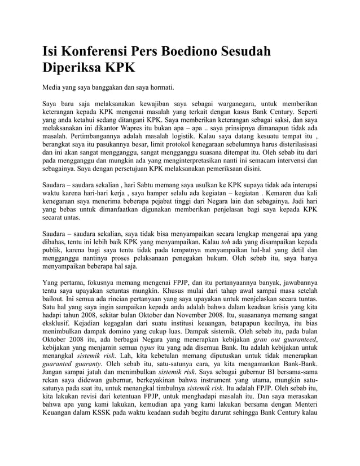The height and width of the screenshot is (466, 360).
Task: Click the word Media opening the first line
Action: click(55, 89)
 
